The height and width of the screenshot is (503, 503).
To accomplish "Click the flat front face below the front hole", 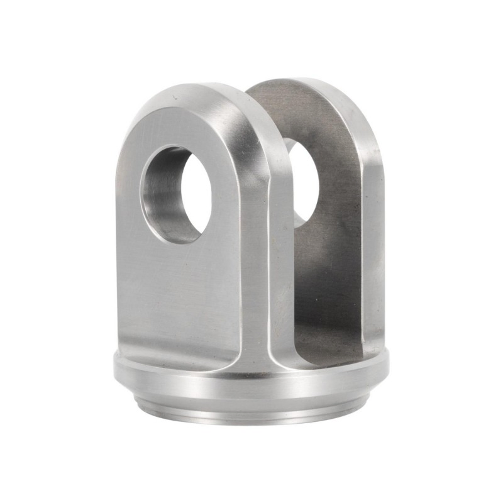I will [x=182, y=296].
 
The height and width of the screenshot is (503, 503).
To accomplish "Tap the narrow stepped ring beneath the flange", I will [x=251, y=409].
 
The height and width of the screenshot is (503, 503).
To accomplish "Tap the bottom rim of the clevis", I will [x=251, y=420].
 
